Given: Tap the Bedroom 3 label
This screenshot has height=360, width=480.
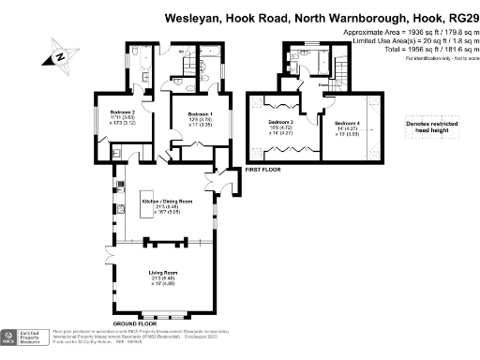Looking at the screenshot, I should [280, 123].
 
